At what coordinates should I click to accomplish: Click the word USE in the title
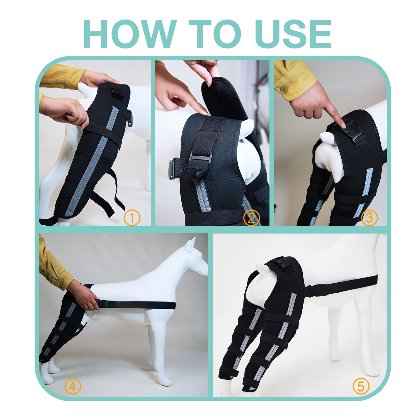[293, 34]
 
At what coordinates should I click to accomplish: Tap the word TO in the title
[215, 34]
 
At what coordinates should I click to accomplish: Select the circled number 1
[132, 218]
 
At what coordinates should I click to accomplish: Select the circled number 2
[251, 218]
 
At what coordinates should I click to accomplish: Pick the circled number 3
[369, 218]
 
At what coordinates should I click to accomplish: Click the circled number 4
[72, 387]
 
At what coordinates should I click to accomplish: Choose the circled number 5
[361, 387]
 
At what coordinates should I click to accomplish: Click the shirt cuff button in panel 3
[284, 90]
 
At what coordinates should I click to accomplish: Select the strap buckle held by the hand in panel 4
[103, 304]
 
